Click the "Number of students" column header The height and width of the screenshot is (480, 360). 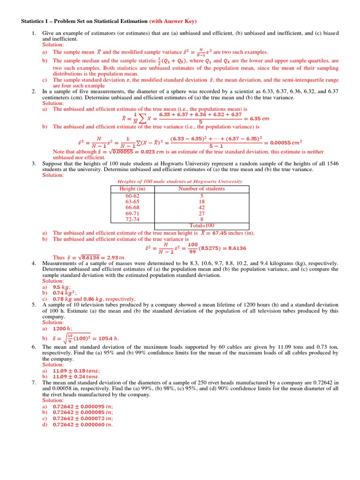click(202, 189)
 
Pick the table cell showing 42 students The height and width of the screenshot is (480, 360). click(202, 207)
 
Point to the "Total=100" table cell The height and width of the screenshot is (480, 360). click(202, 225)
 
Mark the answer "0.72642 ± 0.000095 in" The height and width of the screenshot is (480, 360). click(82, 406)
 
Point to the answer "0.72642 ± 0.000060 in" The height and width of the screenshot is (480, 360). click(82, 425)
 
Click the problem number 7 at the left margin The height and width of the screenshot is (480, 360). click(34, 382)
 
